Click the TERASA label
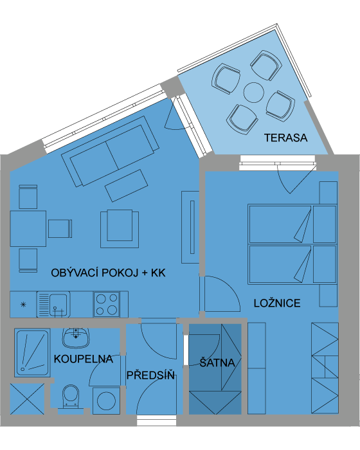pos(285,138)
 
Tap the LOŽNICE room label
pos(277,303)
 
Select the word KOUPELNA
pos(84,359)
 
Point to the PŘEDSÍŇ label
pos(150,375)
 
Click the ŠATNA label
pos(217,362)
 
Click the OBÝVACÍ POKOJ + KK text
pos(108,273)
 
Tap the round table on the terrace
pos(254,93)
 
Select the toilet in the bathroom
pos(71,397)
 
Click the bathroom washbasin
pos(76,337)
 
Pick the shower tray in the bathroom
pos(32,353)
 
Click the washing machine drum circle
pos(106,401)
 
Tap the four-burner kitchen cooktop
pos(107,305)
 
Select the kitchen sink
pos(53,305)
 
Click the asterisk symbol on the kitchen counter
pos(23,305)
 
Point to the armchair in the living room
pos(120,229)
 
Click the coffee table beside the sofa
pos(126,185)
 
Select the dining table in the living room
pos(28,229)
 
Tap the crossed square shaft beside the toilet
pos(27,399)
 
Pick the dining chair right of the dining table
pos(60,229)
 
